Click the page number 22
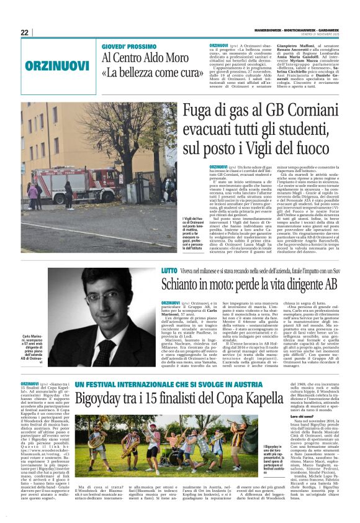pos(24,32)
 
